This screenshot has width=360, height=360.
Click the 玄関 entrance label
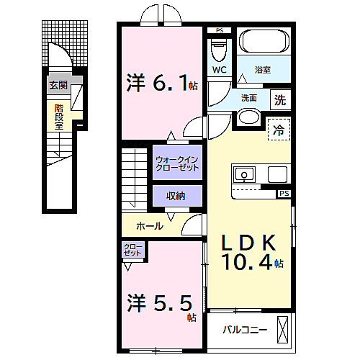58,85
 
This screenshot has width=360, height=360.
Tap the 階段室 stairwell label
59,117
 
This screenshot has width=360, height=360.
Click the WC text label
220,70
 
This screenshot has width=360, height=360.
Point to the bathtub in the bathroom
264,41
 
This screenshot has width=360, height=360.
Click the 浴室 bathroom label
263,70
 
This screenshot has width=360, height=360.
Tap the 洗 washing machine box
280,100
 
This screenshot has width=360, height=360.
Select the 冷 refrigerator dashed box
279,130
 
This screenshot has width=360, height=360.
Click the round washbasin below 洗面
249,117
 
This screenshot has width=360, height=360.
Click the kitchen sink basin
244,174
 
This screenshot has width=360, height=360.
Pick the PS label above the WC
220,30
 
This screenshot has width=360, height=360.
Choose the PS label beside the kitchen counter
284,193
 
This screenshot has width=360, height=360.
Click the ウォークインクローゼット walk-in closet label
177,163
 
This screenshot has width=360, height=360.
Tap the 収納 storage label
176,196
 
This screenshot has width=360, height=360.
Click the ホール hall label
150,226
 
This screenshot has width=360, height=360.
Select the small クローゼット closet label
132,250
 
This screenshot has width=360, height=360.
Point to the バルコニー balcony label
245,330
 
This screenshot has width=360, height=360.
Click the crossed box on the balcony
282,330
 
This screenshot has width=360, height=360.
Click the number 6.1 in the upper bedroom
170,83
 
